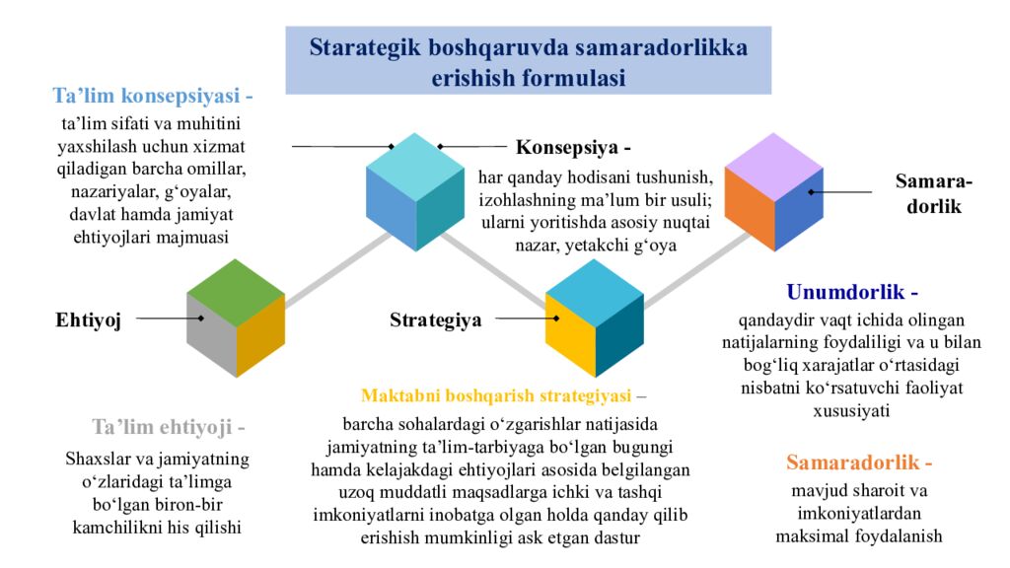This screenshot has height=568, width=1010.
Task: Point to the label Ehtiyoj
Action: point(88,319)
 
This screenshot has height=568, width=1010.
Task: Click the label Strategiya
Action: point(435,319)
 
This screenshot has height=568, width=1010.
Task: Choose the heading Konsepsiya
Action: point(573,148)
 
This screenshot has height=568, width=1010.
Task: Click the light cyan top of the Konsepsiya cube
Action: point(415,161)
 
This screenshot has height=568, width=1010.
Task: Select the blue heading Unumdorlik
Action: point(852,293)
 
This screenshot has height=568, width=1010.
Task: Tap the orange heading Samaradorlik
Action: point(858,462)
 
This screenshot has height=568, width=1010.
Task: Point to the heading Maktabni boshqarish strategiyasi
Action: point(495,396)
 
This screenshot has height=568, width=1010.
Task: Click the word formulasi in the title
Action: point(572,78)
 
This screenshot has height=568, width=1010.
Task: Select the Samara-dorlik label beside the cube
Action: point(933,193)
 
